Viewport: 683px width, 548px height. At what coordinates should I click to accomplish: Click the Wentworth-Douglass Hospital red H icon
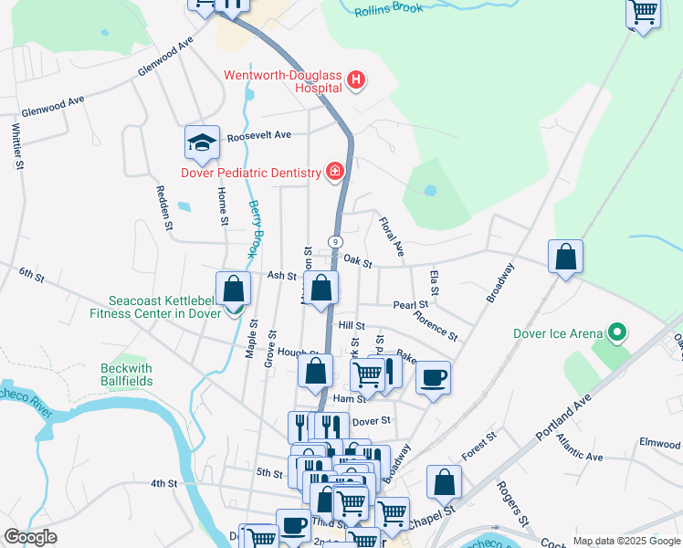pos(356,82)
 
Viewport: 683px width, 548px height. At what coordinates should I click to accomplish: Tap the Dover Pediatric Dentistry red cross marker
pos(335,173)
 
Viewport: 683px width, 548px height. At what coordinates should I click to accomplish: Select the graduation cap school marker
pos(202,142)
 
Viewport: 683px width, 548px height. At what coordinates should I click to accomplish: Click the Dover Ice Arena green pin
pos(617,333)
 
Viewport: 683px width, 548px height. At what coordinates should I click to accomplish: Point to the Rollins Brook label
pos(390,10)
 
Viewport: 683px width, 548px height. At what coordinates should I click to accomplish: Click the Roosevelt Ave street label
pos(258,134)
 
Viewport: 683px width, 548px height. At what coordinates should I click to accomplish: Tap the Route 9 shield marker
pos(336,241)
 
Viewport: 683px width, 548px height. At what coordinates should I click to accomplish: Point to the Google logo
pos(30,537)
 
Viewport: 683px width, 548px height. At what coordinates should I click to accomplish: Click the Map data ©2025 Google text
pos(625,541)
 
